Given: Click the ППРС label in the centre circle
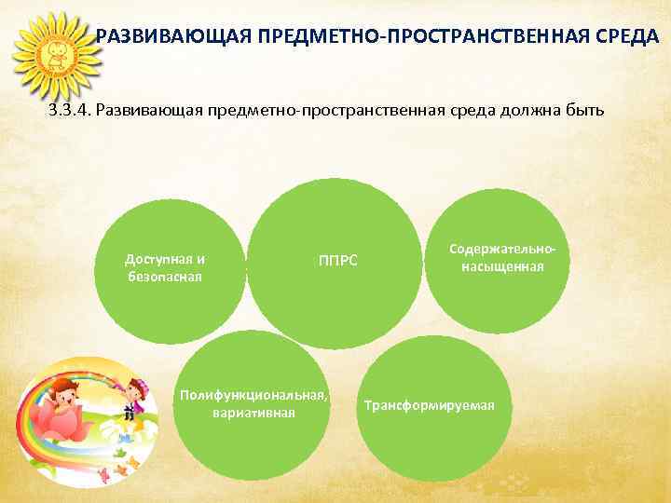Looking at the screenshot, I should coord(337,260).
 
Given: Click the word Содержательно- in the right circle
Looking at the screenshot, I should coord(502,251).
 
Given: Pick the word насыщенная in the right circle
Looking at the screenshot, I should coord(501,267).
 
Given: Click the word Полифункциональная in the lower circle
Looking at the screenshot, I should coord(252,396).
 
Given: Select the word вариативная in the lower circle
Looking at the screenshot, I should coord(253,413).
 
